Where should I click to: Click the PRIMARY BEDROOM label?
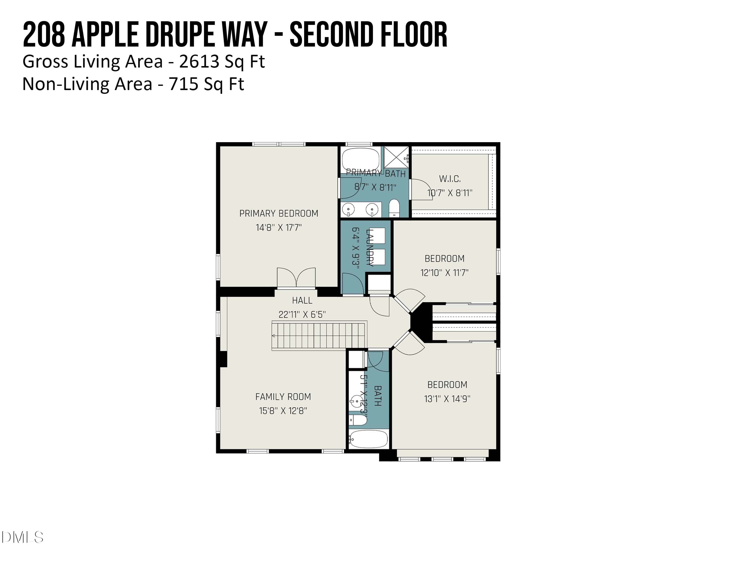[x=279, y=213]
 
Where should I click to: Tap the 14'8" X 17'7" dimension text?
[x=279, y=228]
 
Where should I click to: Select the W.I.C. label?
[x=450, y=179]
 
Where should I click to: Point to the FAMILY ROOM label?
[x=283, y=397]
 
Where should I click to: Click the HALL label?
[x=302, y=300]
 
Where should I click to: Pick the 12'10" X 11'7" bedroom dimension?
[x=444, y=273]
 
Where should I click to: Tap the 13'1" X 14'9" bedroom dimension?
[x=447, y=399]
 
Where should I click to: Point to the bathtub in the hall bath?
[x=368, y=439]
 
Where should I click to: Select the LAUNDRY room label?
[x=370, y=247]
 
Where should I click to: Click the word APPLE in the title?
[x=105, y=35]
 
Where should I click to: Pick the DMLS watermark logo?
[x=23, y=537]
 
